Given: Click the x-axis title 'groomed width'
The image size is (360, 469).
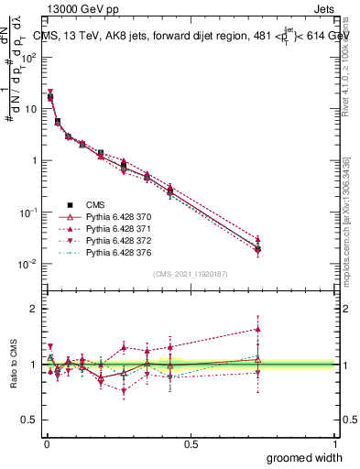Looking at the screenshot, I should pyautogui.click(x=306, y=456).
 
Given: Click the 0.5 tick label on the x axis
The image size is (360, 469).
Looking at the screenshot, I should pyautogui.click(x=191, y=444).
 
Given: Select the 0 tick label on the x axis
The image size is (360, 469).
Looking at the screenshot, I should pyautogui.click(x=47, y=444).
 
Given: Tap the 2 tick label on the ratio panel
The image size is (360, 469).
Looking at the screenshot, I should pyautogui.click(x=34, y=309).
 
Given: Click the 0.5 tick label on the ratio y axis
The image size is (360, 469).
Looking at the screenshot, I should pyautogui.click(x=29, y=420).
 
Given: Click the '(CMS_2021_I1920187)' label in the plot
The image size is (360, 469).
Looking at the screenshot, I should pyautogui.click(x=191, y=273).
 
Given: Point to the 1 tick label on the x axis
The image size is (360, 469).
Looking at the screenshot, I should pyautogui.click(x=335, y=444).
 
